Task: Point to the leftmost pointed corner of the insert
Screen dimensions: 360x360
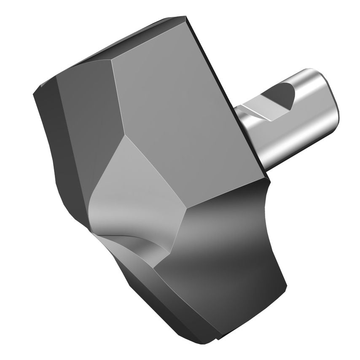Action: pyautogui.click(x=33, y=94)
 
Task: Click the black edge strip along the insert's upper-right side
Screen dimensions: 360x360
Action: pyautogui.click(x=228, y=97)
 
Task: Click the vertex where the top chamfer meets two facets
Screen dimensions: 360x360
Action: pyautogui.click(x=113, y=59)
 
